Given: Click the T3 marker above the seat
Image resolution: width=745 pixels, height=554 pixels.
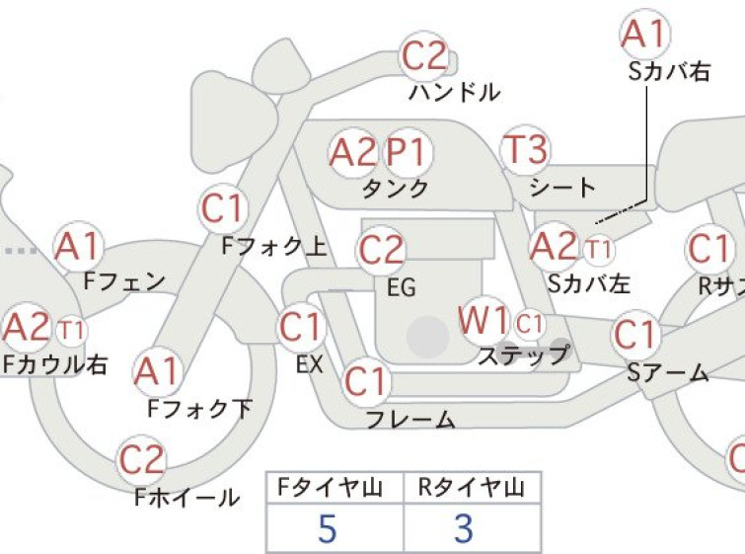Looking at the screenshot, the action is (525, 149).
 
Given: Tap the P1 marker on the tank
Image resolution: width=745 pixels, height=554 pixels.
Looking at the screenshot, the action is (407, 153).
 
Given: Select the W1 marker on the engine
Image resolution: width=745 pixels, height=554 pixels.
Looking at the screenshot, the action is (484, 320).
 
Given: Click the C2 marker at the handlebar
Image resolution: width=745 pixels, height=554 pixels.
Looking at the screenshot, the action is (424, 56).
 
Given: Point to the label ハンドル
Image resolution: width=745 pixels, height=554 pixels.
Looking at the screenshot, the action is (454, 92).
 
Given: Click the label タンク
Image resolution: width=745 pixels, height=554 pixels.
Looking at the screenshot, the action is (396, 189).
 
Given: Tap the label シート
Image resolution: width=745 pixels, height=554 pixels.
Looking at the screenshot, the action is (562, 188).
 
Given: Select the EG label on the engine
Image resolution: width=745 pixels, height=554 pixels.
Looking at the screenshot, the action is (402, 287).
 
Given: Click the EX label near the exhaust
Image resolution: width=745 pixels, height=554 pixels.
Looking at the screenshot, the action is (310, 364).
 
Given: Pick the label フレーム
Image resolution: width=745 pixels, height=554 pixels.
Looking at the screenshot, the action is (411, 420).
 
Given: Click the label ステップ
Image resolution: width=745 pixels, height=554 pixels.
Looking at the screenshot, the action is (524, 356).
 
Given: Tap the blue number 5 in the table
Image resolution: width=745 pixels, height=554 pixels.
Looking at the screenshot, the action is (328, 528).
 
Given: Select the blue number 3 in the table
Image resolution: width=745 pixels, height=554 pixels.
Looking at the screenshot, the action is (464, 528).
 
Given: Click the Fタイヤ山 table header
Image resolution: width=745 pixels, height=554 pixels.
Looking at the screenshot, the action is (331, 488).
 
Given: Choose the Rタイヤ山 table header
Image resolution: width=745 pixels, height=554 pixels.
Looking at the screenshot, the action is (472, 488).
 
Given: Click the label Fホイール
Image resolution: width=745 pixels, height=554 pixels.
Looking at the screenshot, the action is (187, 498).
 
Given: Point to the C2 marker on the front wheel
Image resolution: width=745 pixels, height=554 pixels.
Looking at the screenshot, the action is (141, 460).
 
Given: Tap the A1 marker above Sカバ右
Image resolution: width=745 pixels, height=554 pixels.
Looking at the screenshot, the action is (645, 35).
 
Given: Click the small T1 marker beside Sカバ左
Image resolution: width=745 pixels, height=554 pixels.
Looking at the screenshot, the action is (599, 249).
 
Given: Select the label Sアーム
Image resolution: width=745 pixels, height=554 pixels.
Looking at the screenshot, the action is (668, 373).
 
